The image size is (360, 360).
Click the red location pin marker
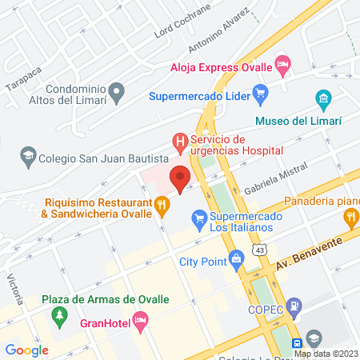pyautogui.click(x=180, y=178)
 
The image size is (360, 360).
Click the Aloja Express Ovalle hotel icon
pyautogui.click(x=282, y=62)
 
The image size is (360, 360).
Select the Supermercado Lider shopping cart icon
pyautogui.click(x=259, y=98)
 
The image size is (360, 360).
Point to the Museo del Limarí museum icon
pyautogui.click(x=323, y=100)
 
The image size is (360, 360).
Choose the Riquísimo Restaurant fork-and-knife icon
pyautogui.click(x=162, y=208)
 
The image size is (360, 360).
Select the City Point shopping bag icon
pyautogui.click(x=236, y=259)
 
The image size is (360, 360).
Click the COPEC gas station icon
pyautogui.click(x=294, y=305)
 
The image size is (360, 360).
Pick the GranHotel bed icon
pyautogui.click(x=140, y=323)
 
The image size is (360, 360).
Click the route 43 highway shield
pyautogui.click(x=260, y=251)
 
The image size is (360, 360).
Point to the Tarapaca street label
pyautogui.click(x=22, y=74)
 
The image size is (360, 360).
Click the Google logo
pyautogui.click(x=26, y=350)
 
